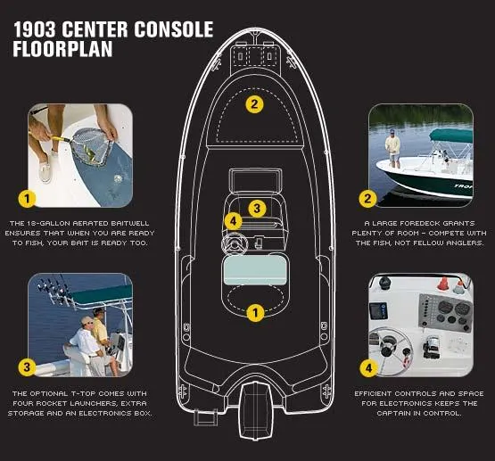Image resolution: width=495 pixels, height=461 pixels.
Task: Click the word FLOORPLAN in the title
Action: [x=62, y=49]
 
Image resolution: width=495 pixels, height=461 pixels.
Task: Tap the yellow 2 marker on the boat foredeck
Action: [x=255, y=103]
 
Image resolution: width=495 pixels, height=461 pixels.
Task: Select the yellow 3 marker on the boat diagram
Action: [x=257, y=209]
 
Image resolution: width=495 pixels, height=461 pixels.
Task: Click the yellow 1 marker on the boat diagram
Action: [x=255, y=313]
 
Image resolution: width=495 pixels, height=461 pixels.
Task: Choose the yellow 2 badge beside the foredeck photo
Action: [x=367, y=198]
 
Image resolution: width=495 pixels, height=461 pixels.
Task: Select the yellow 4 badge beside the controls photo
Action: [x=367, y=366]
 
